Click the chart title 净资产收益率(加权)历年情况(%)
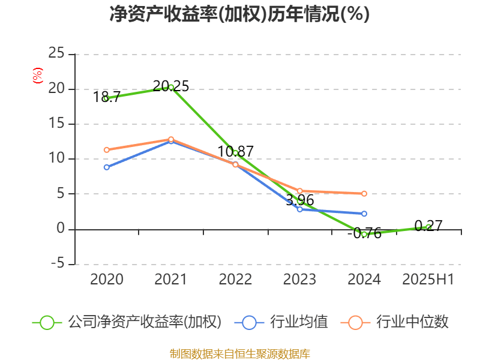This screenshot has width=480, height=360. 239,14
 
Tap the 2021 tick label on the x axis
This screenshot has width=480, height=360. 171,279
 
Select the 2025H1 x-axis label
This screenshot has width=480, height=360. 428,279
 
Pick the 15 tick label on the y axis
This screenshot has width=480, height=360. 56,124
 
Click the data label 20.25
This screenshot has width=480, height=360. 171,86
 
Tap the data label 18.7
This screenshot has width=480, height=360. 107,97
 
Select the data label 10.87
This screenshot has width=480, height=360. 235,151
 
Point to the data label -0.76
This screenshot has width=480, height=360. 364,234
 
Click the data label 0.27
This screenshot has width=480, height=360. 428,226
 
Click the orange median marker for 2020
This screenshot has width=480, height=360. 107,150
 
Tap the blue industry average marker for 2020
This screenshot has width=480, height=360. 107,167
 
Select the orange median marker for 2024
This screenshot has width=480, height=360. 364,194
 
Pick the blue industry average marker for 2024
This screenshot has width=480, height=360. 364,214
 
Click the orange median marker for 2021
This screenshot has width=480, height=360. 171,139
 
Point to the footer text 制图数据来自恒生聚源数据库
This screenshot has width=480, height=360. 239,353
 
